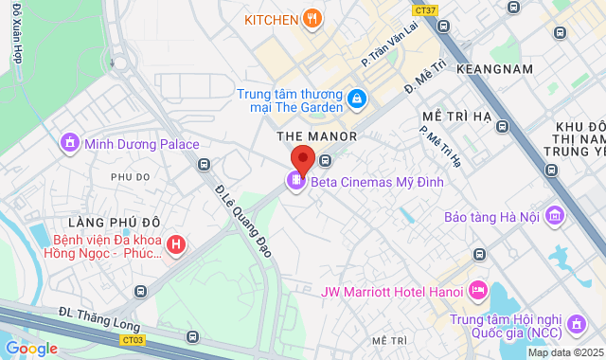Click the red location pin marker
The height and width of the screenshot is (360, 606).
click(303, 158)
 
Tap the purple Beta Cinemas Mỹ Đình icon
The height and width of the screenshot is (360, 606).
click(296, 180)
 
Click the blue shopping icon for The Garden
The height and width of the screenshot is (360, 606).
click(356, 98)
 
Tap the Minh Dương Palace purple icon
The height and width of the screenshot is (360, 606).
click(69, 144)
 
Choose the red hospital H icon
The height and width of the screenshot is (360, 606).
click(174, 245)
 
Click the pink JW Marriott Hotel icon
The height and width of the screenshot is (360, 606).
click(477, 288)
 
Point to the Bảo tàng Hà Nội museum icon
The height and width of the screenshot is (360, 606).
click(555, 217)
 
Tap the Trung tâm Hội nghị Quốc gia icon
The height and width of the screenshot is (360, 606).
click(575, 327)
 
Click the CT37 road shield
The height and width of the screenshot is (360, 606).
click(426, 10)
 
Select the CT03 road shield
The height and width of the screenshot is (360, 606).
click(134, 338)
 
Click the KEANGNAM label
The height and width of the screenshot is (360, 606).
click(490, 69)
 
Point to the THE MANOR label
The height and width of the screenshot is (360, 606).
click(316, 136)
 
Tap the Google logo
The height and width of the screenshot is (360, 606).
click(31, 348)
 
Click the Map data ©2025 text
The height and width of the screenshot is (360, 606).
click(565, 352)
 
